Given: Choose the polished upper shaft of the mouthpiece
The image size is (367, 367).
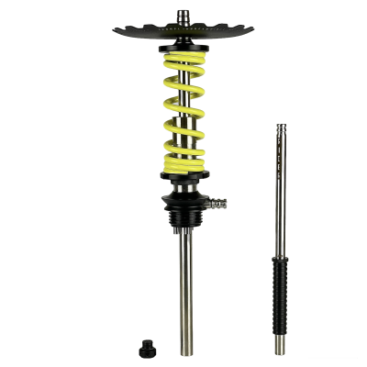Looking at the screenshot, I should [x=279, y=183].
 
